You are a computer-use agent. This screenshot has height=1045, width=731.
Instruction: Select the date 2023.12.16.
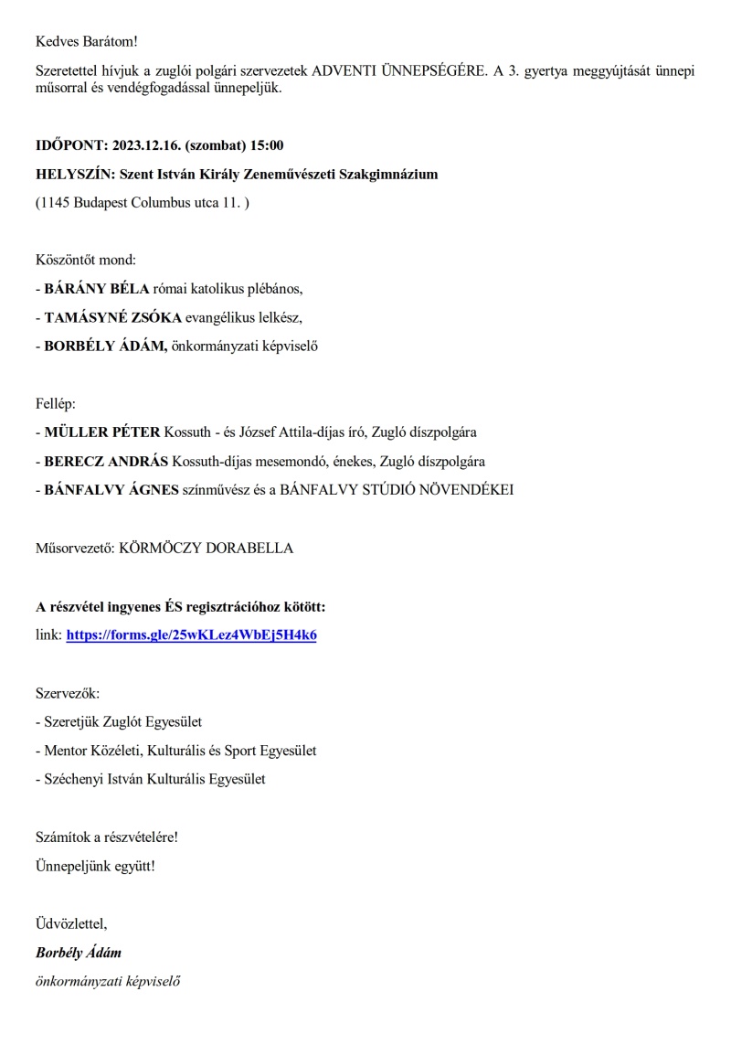149,145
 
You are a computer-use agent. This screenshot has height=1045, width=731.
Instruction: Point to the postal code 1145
57,202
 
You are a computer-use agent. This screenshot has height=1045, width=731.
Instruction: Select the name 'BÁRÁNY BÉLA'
96,288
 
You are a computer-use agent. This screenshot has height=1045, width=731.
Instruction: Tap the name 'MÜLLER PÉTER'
101,432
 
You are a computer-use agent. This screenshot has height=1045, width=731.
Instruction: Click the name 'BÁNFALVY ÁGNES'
110,489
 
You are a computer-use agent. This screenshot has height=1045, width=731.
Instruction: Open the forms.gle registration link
191,634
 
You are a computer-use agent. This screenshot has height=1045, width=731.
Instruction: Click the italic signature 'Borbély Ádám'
78,953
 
